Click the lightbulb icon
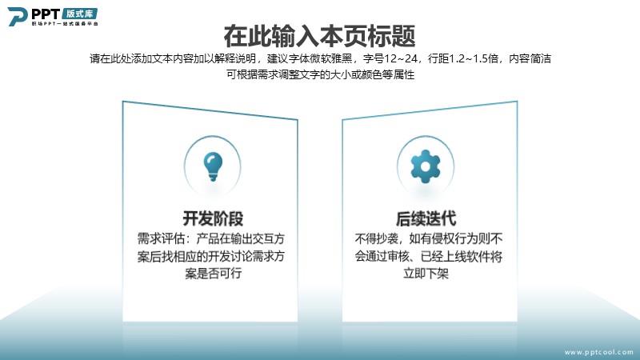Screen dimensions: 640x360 tap(213, 166)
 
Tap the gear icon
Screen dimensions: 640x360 tap(426, 166)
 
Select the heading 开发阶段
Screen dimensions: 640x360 tap(213, 218)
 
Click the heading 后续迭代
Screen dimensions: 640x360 tap(426, 218)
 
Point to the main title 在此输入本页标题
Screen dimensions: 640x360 tap(319, 36)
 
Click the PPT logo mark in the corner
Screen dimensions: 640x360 tap(17, 16)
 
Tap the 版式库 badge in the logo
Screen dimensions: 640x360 tap(80, 14)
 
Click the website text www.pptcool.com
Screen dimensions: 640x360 tap(598, 352)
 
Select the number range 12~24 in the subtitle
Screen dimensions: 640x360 tap(401, 58)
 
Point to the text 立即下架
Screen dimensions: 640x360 tap(426, 273)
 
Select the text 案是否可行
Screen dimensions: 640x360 tap(213, 273)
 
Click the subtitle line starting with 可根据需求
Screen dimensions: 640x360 tap(321, 74)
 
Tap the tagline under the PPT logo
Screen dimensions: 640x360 tap(65, 24)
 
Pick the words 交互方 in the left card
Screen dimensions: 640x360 tap(267, 238)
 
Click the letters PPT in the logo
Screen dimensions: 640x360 tap(46, 14)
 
